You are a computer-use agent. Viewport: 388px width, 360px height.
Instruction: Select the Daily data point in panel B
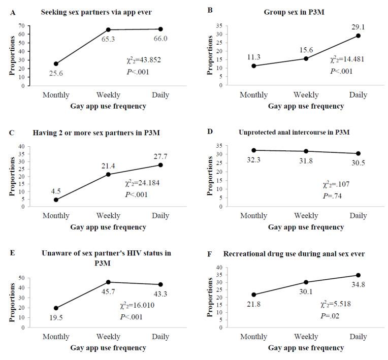(x=359, y=36)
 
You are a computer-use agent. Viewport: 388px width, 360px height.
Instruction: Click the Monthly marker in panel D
(x=254, y=150)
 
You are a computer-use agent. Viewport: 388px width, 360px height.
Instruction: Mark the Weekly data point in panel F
(x=306, y=282)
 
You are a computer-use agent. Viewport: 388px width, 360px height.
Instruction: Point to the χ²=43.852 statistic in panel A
(x=145, y=60)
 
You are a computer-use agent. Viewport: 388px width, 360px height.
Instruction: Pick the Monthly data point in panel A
(x=56, y=63)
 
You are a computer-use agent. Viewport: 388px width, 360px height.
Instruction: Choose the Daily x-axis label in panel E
(x=160, y=337)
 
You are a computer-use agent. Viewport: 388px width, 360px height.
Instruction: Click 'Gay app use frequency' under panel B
(x=306, y=106)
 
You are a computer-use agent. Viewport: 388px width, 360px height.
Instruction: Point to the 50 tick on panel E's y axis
(x=21, y=278)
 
